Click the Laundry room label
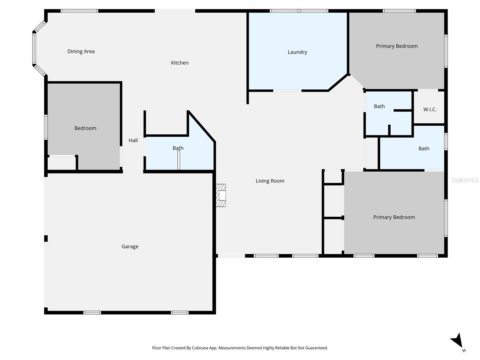[297, 52]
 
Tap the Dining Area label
[81, 52]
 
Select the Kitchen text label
[180, 63]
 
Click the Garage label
[130, 247]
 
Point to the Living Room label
[270, 181]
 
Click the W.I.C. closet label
[430, 109]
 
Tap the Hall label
[133, 140]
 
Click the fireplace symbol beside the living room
[221, 195]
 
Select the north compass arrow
[457, 341]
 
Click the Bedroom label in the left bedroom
[85, 128]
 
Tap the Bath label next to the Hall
[178, 148]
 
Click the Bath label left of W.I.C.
[379, 106]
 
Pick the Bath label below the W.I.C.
[424, 149]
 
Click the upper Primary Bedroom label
[397, 46]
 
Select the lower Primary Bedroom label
[394, 217]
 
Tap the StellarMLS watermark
[465, 180]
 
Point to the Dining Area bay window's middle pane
[34, 49]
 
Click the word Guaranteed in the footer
[315, 348]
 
